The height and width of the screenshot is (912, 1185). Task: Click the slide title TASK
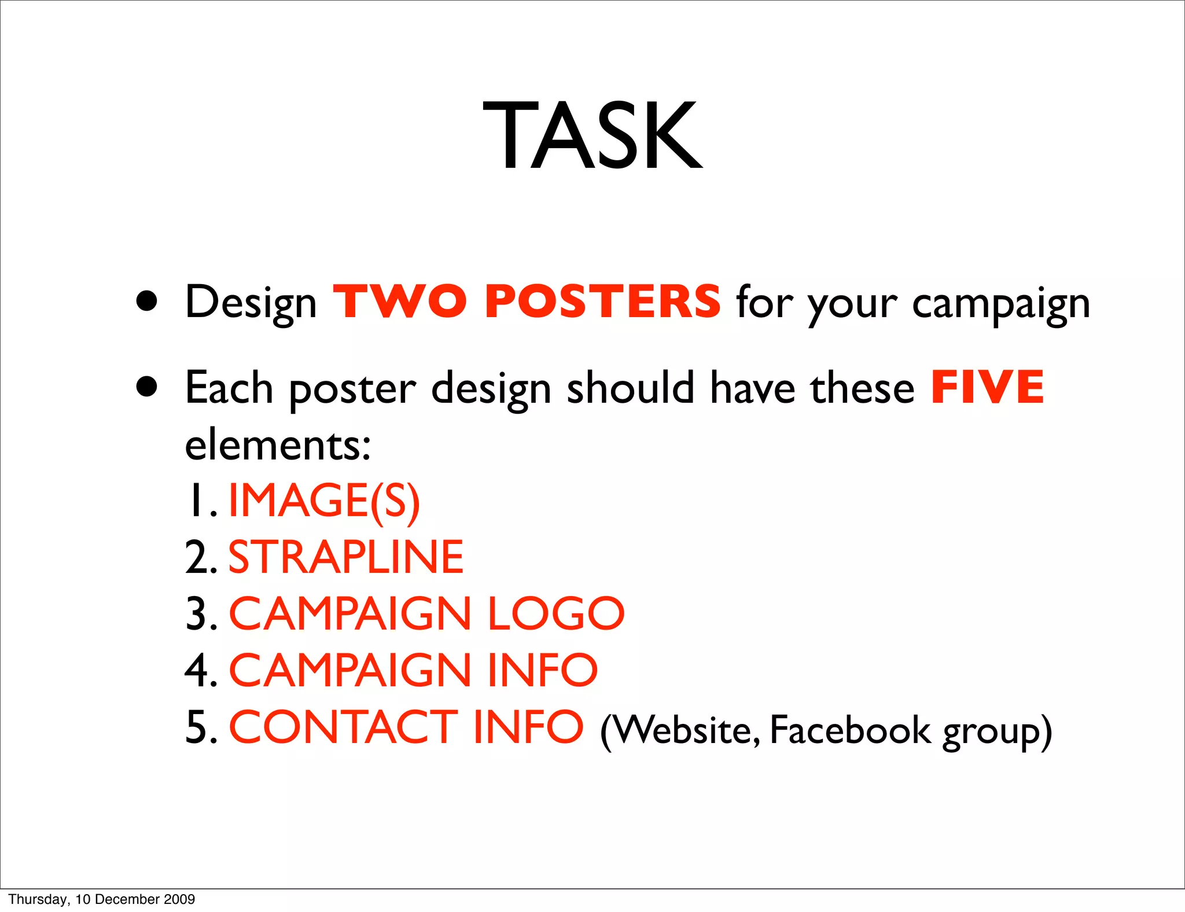click(x=592, y=135)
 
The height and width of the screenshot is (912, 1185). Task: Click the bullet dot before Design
click(x=147, y=301)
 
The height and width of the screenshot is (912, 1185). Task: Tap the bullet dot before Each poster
click(x=147, y=387)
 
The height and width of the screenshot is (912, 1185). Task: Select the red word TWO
click(x=400, y=301)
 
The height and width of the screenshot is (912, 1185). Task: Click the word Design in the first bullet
click(x=251, y=303)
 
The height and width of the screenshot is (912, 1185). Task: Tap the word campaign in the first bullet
click(x=1000, y=304)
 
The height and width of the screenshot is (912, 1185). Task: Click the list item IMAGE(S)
click(x=324, y=501)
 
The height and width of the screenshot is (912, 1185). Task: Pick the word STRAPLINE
click(x=346, y=557)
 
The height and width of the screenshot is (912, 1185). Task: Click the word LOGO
click(x=555, y=613)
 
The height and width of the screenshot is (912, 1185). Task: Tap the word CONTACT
click(x=344, y=727)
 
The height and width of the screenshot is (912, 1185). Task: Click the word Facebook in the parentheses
click(x=850, y=730)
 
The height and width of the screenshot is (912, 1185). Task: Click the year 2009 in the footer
click(x=179, y=899)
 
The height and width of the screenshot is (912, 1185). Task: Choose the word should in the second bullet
click(x=630, y=388)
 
